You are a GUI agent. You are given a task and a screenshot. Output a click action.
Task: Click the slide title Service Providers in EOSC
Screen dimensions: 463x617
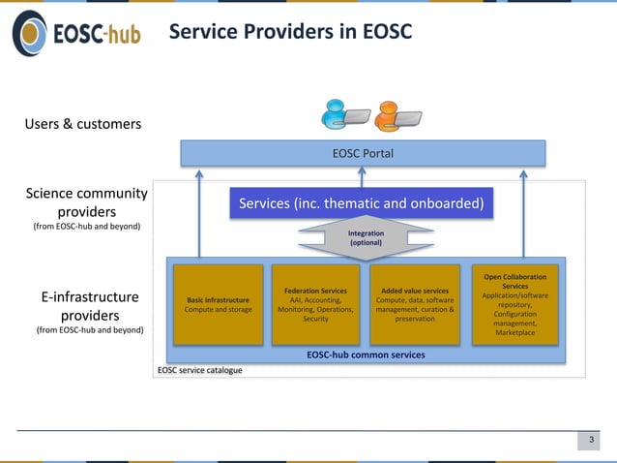[290, 32]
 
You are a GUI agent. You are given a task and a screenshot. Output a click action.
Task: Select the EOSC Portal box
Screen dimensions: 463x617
[363, 153]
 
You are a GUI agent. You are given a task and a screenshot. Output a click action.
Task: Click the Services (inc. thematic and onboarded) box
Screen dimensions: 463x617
[361, 203]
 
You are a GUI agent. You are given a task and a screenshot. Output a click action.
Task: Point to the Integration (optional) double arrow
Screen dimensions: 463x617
[366, 238]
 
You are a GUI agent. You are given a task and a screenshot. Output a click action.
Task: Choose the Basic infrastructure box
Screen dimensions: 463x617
[218, 304]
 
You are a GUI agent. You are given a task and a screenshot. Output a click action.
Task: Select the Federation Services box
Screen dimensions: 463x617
[315, 304]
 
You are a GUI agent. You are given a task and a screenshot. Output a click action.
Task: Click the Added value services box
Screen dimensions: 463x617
[414, 304]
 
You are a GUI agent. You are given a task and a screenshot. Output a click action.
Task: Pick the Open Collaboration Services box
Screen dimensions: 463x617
[514, 304]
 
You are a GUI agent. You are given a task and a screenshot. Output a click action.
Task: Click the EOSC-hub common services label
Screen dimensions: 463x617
[366, 355]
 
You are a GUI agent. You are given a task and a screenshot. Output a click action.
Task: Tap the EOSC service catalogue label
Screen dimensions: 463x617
[200, 370]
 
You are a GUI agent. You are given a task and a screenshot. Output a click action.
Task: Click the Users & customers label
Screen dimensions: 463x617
[83, 124]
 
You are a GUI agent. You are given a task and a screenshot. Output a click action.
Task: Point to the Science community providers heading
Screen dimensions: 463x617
[87, 202]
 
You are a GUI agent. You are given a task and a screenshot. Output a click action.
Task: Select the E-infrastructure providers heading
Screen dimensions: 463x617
[90, 306]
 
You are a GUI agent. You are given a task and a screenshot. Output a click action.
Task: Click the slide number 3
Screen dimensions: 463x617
[590, 442]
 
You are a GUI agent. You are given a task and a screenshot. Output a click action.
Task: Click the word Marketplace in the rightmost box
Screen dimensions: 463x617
[514, 333]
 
